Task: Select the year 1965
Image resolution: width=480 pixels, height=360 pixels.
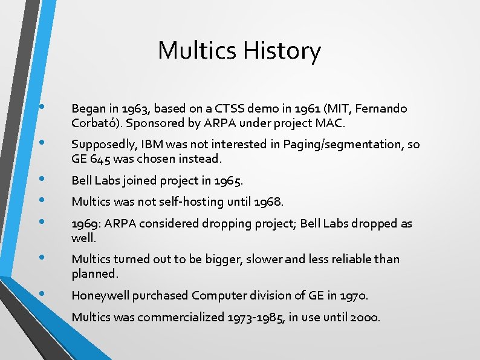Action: coord(229,180)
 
